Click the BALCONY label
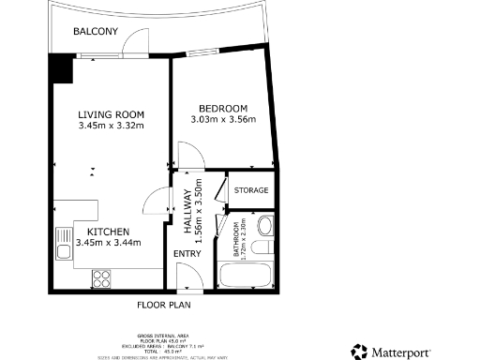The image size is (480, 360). [x=96, y=32]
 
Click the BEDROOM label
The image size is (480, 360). [x=221, y=108]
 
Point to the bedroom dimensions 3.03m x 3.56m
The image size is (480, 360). [x=221, y=119]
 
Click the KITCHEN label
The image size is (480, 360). [x=108, y=232]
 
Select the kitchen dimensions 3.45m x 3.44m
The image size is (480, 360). [x=108, y=243]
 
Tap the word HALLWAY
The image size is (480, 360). [x=187, y=212]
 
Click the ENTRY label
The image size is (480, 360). [x=187, y=253]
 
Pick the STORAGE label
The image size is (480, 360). [x=251, y=190]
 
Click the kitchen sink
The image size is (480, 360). [x=64, y=243]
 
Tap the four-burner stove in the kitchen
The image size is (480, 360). [x=101, y=277]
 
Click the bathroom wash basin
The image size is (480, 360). [x=264, y=226]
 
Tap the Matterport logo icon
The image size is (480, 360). [x=359, y=352]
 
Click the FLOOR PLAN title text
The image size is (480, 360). [x=165, y=305]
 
